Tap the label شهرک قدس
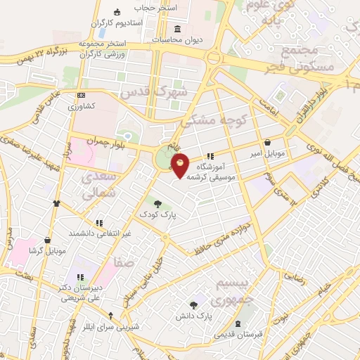[154, 92]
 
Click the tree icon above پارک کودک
[157, 203]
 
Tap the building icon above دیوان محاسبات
[176, 30]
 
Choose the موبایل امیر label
[268, 152]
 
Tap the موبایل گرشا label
[47, 250]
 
